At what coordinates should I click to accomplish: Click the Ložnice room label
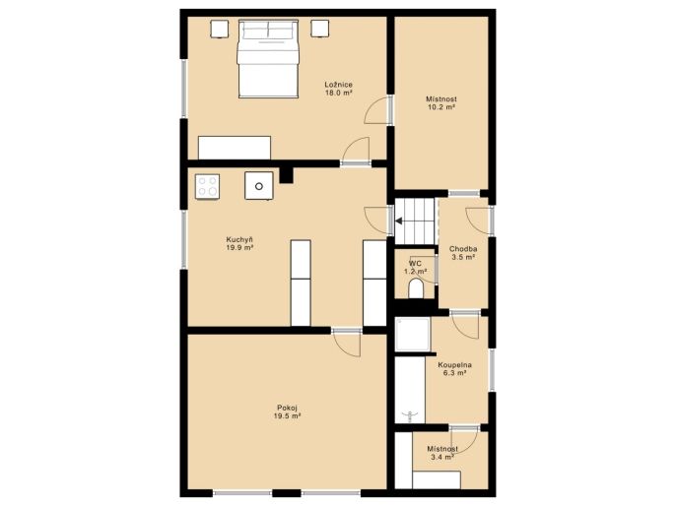338,85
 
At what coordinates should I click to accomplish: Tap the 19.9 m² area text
239,248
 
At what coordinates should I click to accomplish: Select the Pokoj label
287,408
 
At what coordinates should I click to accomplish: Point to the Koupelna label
454,365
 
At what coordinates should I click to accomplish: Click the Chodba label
463,249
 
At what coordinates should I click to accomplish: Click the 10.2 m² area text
441,107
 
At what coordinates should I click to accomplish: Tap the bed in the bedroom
268,58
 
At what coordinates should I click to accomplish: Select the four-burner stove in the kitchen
207,186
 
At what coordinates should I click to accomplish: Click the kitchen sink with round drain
258,186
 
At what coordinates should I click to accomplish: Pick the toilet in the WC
416,288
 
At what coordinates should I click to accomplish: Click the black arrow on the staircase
399,221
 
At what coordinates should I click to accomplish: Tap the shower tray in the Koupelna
413,335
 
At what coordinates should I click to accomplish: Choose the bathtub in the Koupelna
410,390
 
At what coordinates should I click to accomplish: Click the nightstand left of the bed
220,30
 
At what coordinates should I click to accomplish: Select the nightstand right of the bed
320,29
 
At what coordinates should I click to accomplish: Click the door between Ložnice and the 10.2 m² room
378,110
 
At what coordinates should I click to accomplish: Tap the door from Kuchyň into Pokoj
347,343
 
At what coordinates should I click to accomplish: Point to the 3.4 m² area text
442,457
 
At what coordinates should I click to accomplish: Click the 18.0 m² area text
338,93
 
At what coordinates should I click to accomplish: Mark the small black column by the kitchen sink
286,175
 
